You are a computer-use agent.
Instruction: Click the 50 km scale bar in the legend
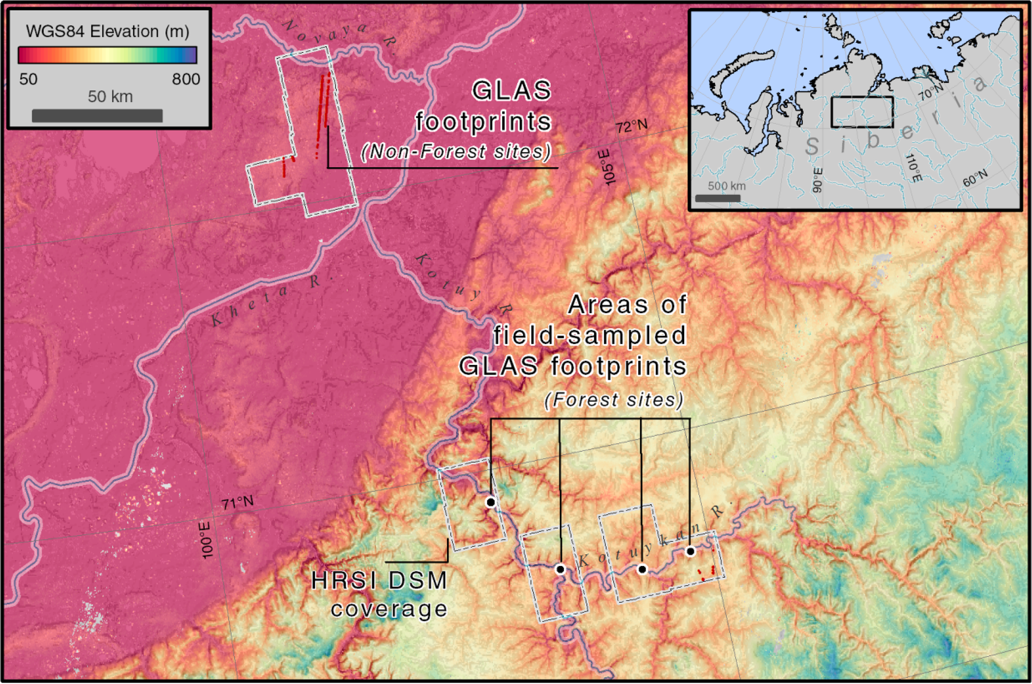97,115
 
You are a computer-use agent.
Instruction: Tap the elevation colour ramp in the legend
107,55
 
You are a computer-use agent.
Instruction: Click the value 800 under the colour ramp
185,79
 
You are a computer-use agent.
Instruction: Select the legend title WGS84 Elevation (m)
107,31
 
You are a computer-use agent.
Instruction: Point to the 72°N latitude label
631,127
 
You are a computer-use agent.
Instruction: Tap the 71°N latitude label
237,503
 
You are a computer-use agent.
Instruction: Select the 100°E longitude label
207,540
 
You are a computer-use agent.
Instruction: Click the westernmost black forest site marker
491,503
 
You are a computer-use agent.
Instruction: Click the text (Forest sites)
614,400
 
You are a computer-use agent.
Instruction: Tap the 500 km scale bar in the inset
718,198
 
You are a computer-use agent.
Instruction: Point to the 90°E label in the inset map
817,180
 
